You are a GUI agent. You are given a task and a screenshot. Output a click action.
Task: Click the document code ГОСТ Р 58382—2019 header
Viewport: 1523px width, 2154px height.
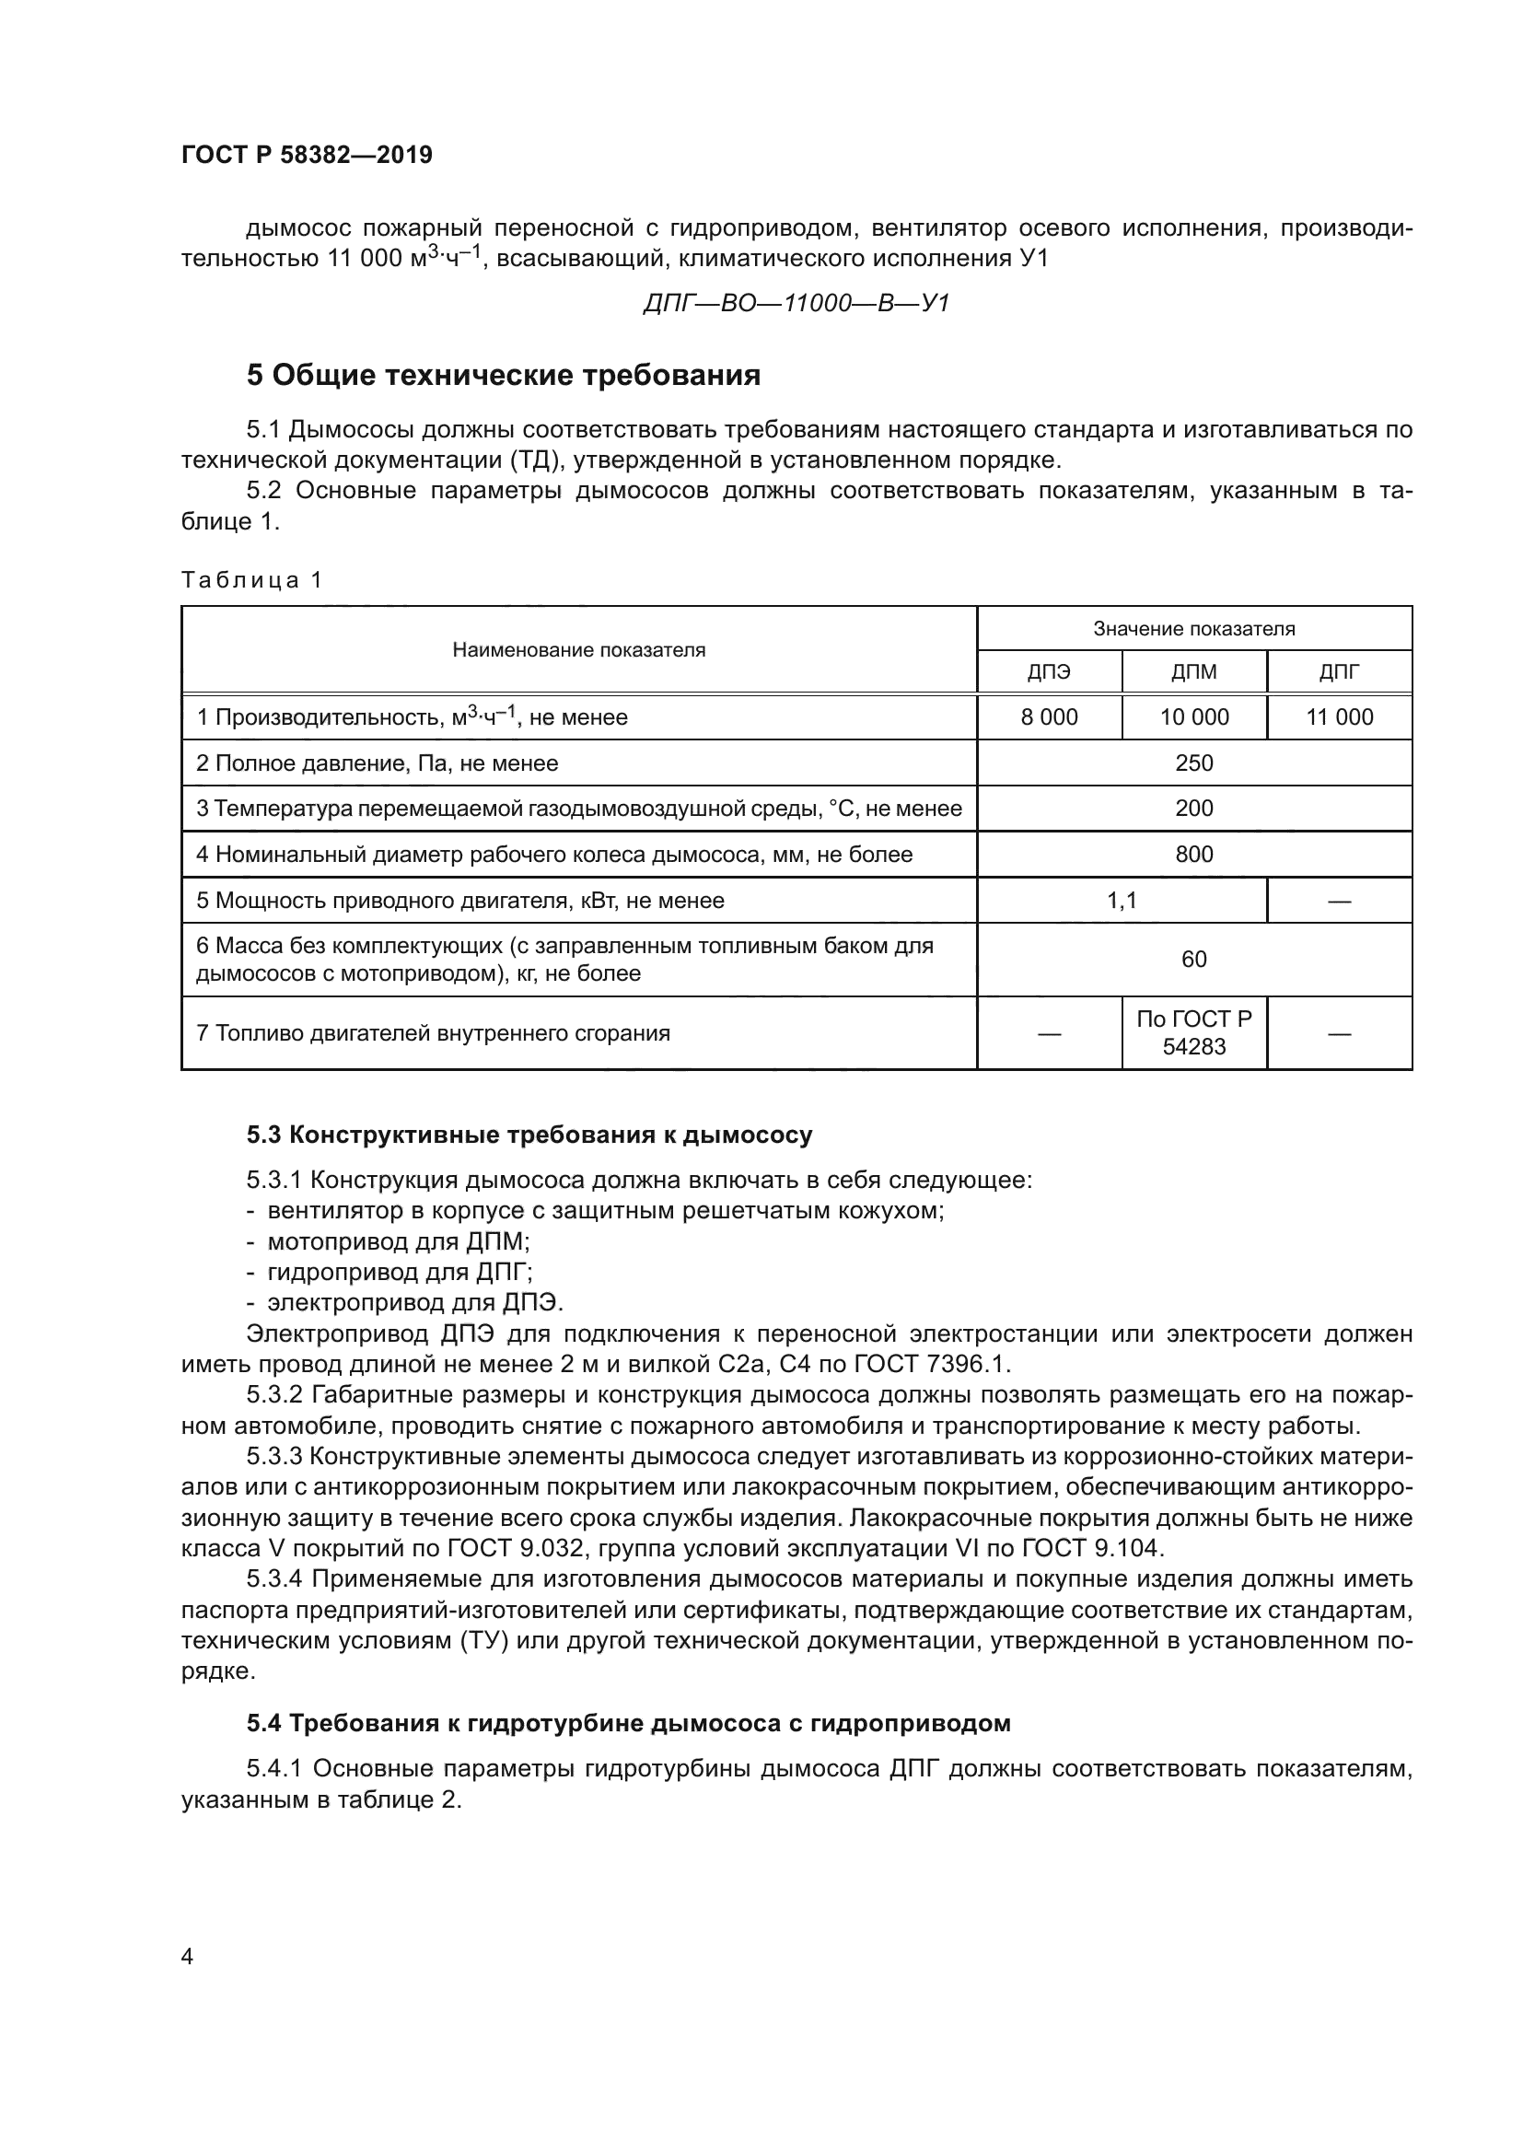(x=307, y=155)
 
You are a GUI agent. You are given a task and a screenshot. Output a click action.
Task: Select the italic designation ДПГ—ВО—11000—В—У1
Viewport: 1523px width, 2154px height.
(x=796, y=303)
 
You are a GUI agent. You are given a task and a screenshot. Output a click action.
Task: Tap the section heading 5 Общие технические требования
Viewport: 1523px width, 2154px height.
(x=503, y=375)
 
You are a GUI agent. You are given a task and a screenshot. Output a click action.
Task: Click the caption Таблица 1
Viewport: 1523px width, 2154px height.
(x=251, y=580)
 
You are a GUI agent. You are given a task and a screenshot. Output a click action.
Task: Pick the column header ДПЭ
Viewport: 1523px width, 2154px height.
(x=1049, y=671)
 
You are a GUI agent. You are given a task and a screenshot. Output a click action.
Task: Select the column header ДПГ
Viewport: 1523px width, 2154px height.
(x=1338, y=671)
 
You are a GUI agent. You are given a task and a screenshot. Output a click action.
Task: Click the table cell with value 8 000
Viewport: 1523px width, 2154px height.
(x=1049, y=717)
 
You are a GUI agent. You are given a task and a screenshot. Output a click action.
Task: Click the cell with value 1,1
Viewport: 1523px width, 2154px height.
(x=1121, y=901)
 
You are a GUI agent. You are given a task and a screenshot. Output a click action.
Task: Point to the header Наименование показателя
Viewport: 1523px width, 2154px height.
(x=578, y=650)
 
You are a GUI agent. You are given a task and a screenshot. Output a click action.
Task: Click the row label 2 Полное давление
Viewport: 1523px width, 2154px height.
(x=377, y=763)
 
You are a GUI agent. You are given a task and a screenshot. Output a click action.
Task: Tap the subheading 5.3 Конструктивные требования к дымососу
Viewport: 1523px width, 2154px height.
(x=529, y=1135)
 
